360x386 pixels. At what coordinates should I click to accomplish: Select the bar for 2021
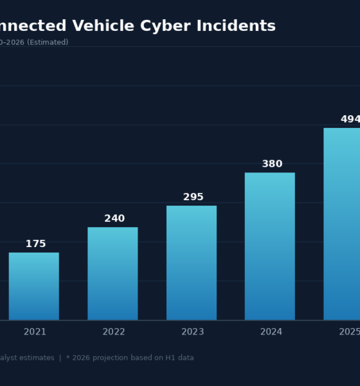click(x=33, y=286)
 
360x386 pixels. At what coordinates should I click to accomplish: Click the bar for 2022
click(x=113, y=273)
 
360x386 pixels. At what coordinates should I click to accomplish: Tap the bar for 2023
click(x=192, y=262)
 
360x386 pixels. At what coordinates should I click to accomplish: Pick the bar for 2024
click(x=270, y=246)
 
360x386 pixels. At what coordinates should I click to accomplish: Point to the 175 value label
click(x=35, y=244)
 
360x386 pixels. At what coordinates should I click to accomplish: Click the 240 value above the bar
click(x=114, y=219)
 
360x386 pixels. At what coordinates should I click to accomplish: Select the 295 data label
click(x=193, y=197)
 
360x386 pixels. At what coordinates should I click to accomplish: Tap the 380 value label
click(x=272, y=164)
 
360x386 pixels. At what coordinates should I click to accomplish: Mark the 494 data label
click(x=350, y=120)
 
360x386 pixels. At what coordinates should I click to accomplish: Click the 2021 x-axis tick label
click(x=35, y=332)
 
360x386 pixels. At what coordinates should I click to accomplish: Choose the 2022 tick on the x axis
click(x=114, y=332)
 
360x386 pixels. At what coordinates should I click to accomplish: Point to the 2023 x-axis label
click(x=192, y=332)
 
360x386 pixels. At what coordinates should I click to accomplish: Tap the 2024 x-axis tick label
click(x=271, y=332)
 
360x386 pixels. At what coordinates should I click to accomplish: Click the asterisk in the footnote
click(x=68, y=357)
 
